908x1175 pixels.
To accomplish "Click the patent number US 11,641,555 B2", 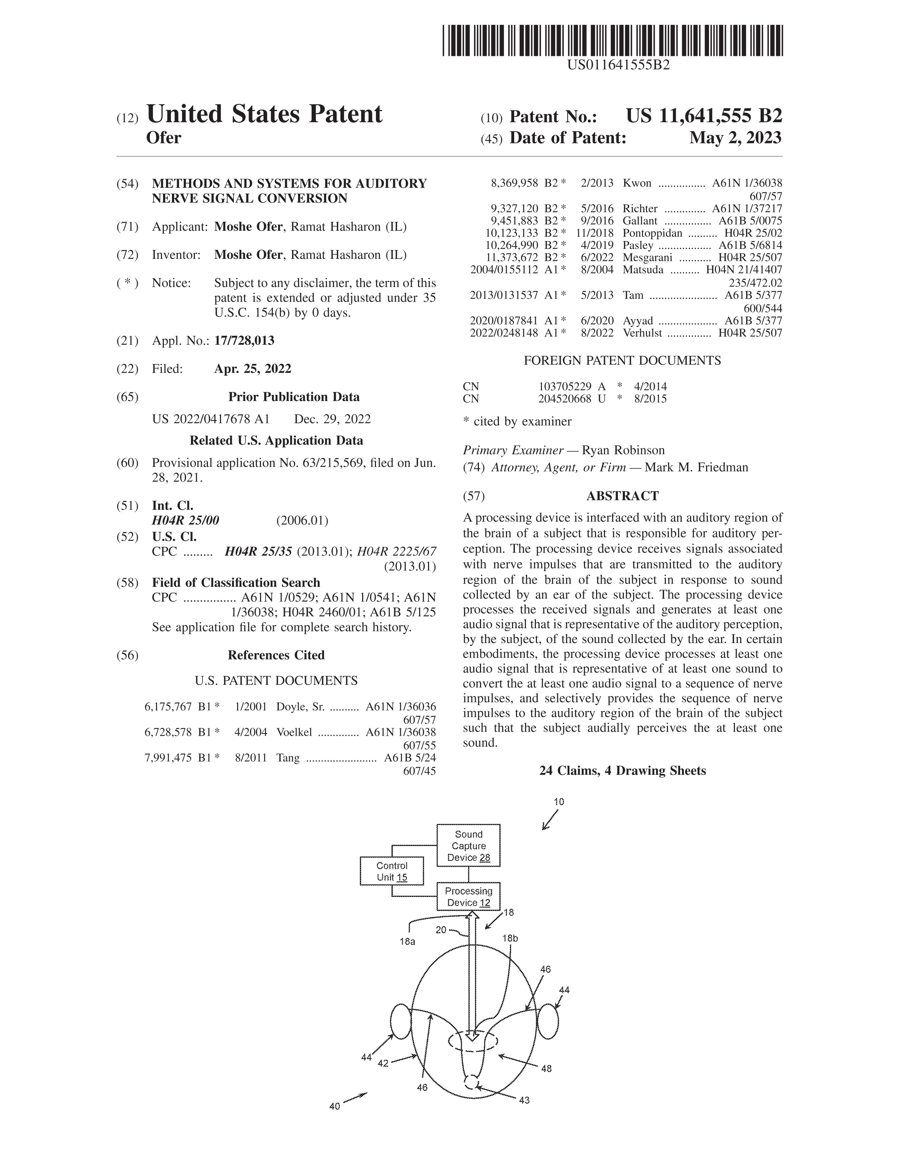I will [704, 116].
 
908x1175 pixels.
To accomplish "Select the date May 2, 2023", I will [735, 138].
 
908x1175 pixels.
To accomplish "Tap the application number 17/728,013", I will [244, 340].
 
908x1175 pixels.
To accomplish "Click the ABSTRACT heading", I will [622, 496].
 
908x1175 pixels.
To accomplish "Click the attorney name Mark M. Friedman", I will [696, 467].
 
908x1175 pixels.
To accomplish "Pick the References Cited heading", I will [276, 655].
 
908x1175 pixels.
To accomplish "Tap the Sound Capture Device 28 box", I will [469, 846].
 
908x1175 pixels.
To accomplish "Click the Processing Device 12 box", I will [469, 896].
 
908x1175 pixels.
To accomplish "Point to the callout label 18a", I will [407, 941].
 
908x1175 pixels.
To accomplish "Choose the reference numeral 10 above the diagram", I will [559, 801].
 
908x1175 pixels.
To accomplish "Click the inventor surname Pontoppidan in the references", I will [652, 233].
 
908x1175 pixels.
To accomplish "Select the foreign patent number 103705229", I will [565, 386].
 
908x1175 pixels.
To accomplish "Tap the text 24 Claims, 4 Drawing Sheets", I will [622, 771].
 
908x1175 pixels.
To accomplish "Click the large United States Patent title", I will [264, 114].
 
